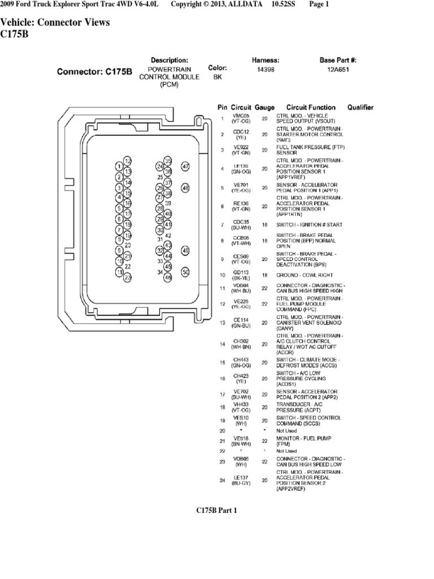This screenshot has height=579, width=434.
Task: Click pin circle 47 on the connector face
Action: (185, 166)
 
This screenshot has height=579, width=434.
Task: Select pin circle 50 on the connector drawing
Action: (185, 272)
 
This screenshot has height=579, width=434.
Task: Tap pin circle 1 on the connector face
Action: (119, 166)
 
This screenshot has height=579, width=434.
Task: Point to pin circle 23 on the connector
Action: (128, 277)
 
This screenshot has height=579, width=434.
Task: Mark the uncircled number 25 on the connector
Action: (160, 176)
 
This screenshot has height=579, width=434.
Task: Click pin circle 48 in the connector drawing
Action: (185, 188)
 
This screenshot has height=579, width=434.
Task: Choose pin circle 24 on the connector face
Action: (160, 167)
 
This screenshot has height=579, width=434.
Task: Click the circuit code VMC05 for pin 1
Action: (241, 116)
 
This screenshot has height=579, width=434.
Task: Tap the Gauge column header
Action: (264, 107)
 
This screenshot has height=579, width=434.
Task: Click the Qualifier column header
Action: (360, 107)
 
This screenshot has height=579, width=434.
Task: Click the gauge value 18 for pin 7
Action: (264, 225)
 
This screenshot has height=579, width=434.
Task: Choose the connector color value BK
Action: (217, 77)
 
